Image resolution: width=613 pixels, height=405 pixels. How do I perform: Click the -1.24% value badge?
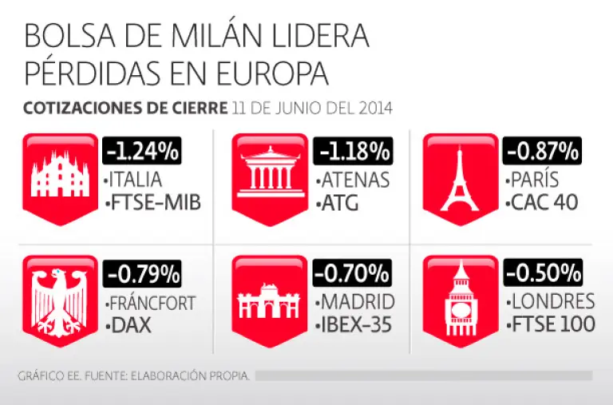143,150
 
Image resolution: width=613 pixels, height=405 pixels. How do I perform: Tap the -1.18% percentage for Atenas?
354,150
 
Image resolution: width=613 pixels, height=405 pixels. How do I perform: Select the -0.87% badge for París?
542,150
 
